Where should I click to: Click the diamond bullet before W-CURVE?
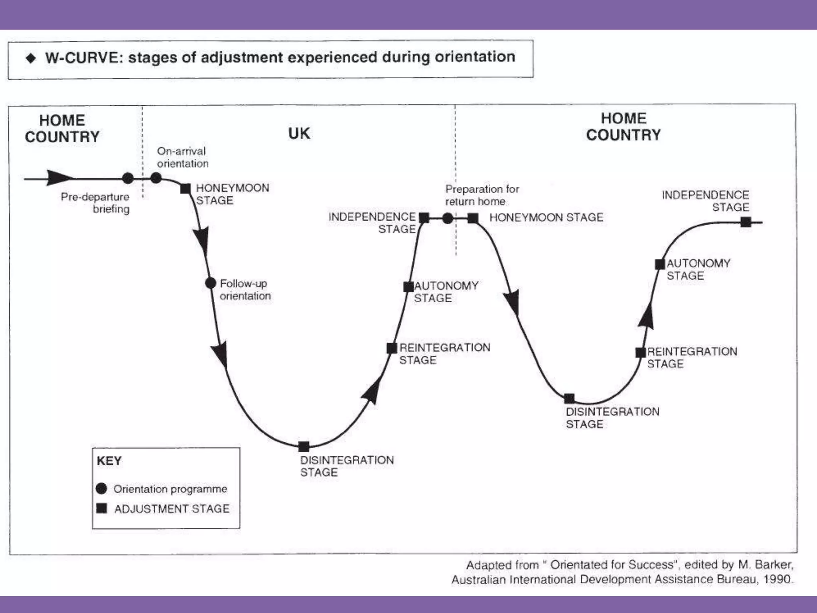point(31,59)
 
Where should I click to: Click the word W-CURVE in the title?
point(82,58)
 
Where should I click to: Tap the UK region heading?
point(299,134)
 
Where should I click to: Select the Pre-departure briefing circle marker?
point(128,178)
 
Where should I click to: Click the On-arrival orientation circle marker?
point(156,178)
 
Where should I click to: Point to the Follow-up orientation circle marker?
point(210,283)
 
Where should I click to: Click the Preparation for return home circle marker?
point(448,218)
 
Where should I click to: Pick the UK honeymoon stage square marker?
point(186,188)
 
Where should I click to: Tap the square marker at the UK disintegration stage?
point(304,446)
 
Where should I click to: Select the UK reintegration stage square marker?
point(392,348)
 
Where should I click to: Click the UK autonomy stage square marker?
point(408,287)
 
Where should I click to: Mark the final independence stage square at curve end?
point(745,222)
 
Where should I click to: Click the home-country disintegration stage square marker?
point(569,398)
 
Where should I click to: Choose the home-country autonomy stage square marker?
point(660,264)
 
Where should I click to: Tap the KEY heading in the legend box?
point(109,461)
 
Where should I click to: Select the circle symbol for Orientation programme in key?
point(102,488)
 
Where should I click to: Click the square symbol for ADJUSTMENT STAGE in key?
point(102,508)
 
